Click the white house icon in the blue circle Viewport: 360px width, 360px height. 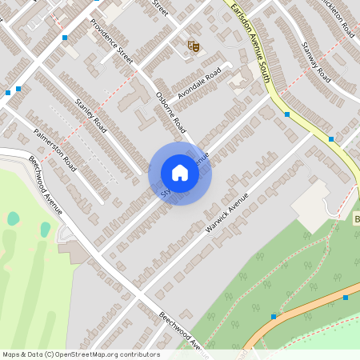pyautogui.click(x=180, y=173)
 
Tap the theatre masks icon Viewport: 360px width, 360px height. pyautogui.click(x=193, y=47)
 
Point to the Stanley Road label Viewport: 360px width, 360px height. pyautogui.click(x=90, y=114)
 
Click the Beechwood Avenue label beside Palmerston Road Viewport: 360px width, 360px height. pyautogui.click(x=46, y=184)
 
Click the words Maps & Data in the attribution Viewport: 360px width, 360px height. pyautogui.click(x=22, y=354)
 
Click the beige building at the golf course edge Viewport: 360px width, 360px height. pyautogui.click(x=74, y=253)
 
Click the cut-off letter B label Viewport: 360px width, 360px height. pyautogui.click(x=356, y=219)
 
